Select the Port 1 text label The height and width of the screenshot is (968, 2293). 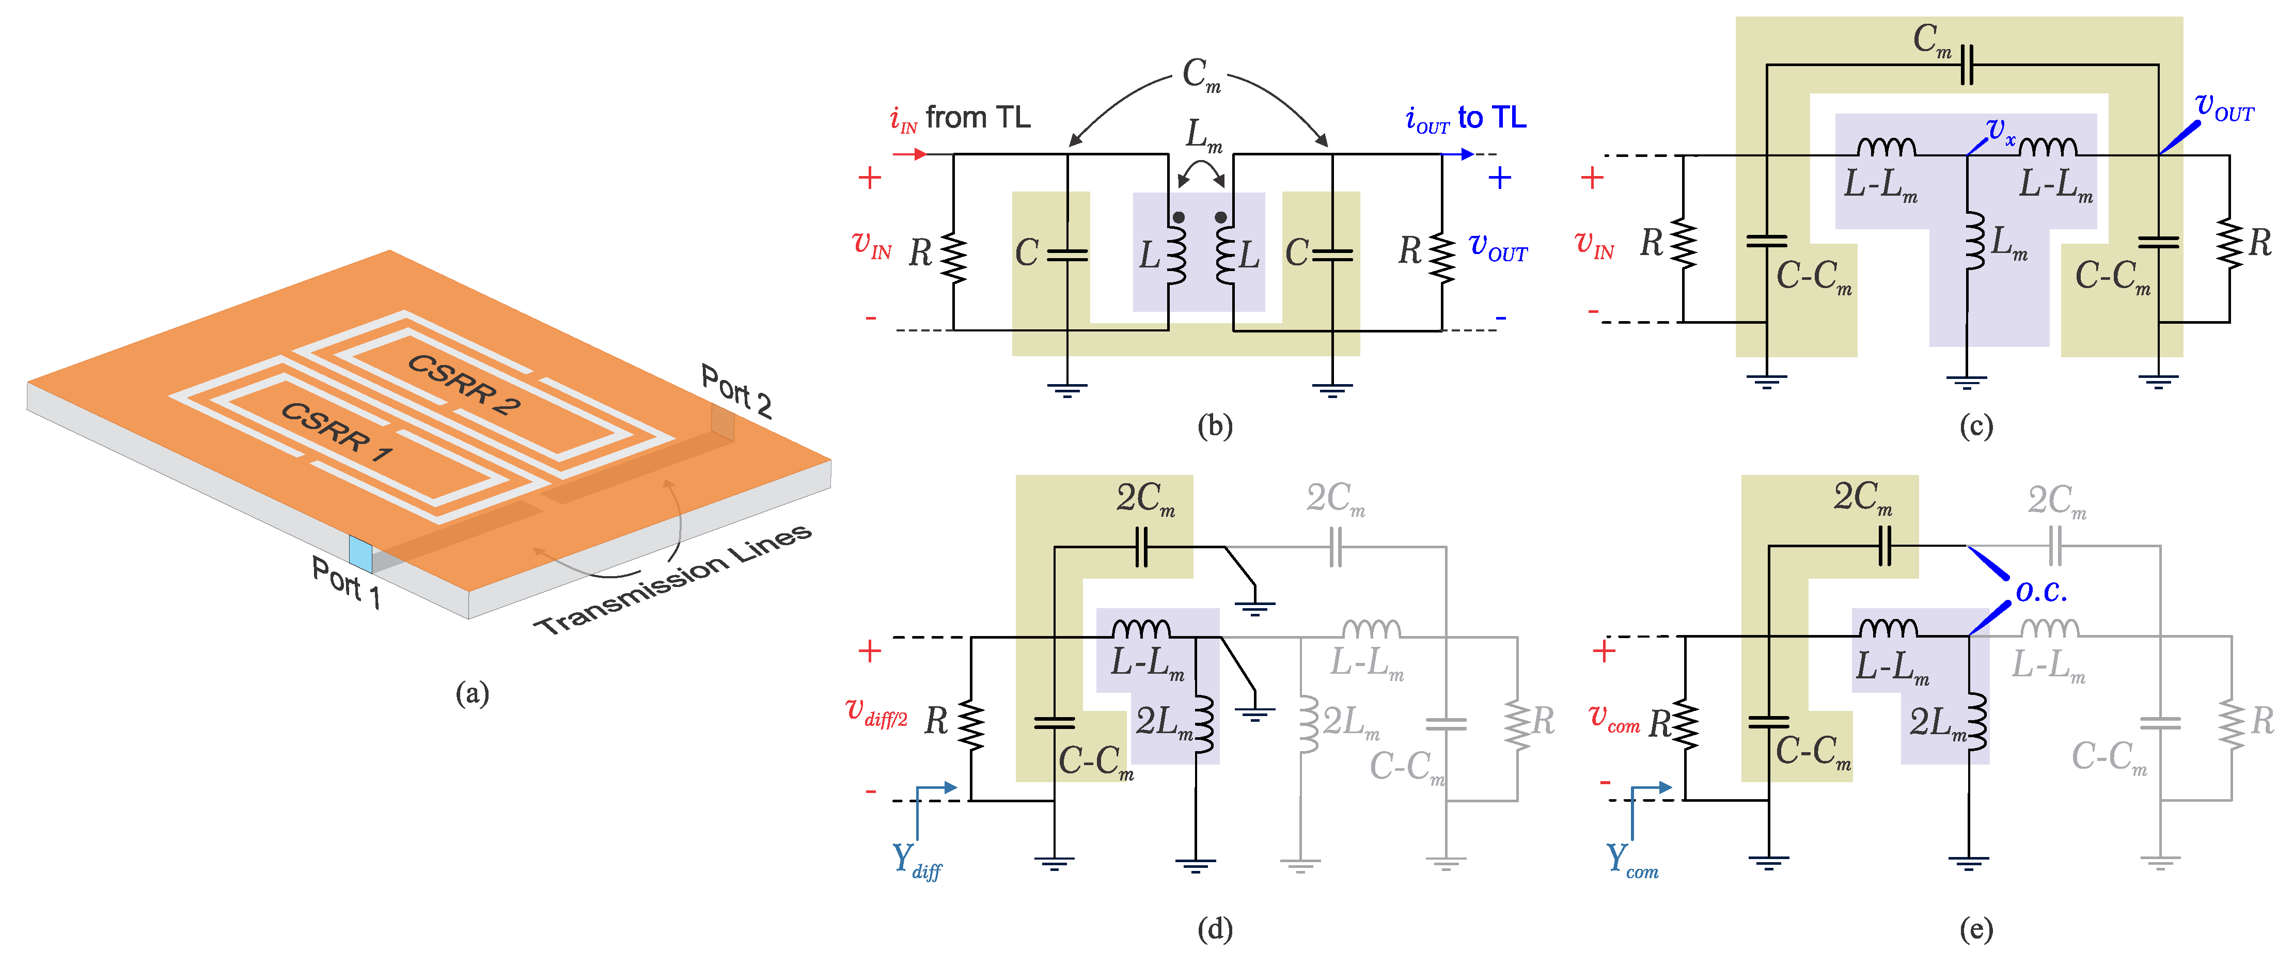coord(346,582)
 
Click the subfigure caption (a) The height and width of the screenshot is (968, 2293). coord(472,692)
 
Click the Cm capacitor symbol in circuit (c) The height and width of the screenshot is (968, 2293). coord(1966,65)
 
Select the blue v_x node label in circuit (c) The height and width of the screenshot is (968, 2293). coord(2001,131)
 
